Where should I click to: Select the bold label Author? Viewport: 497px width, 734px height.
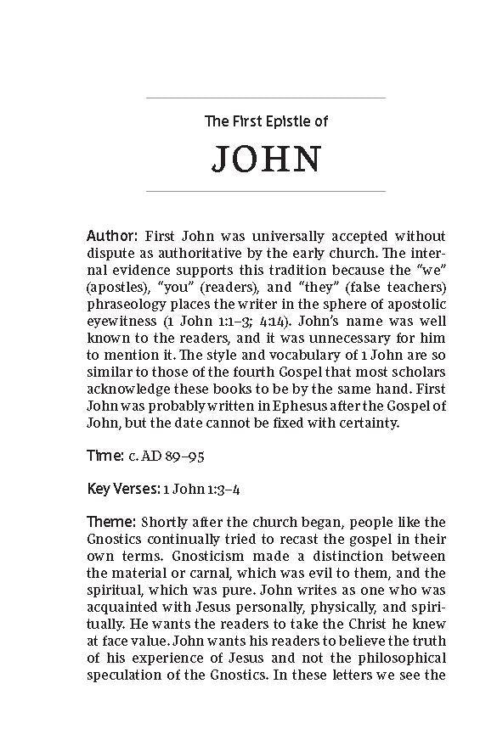[x=112, y=235]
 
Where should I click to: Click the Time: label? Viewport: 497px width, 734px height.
[x=105, y=457]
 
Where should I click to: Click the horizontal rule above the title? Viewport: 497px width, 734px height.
[x=265, y=98]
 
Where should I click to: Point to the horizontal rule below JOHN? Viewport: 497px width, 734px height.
[x=265, y=192]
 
